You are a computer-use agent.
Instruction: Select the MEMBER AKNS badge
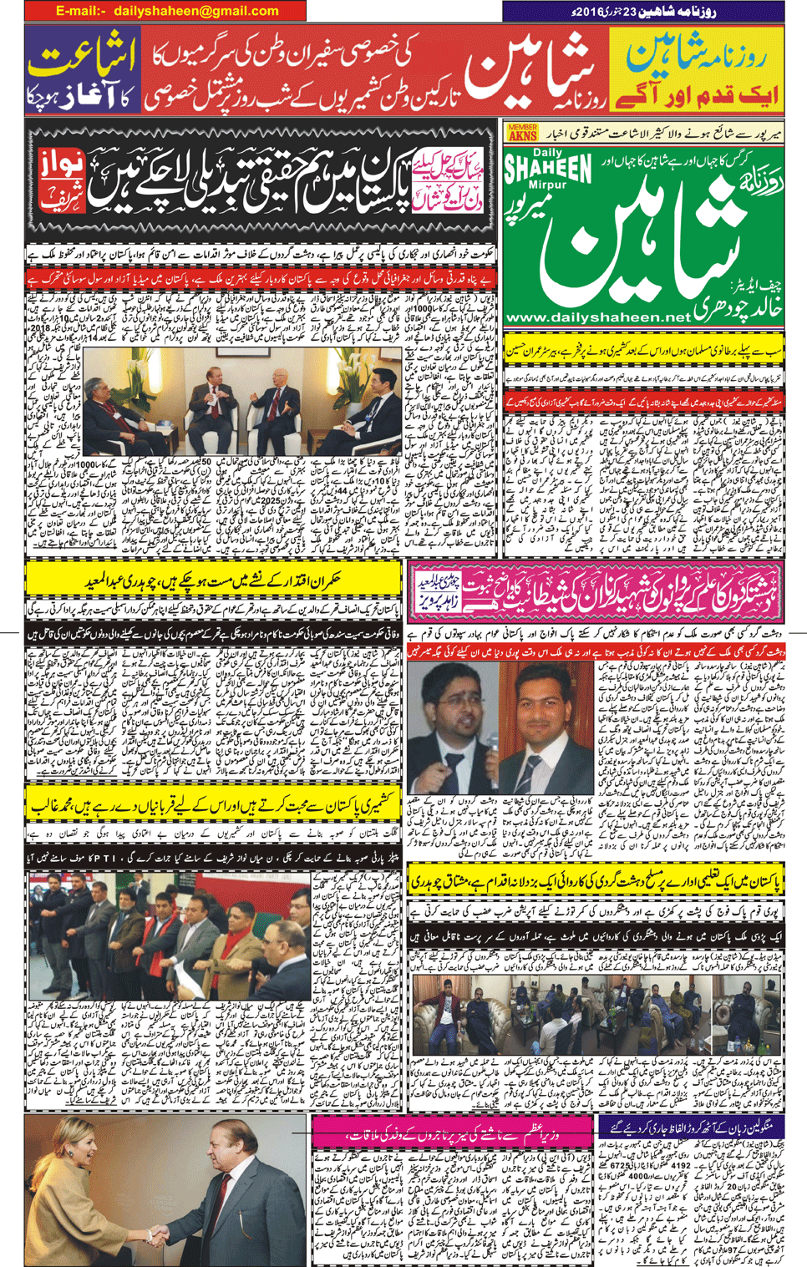point(522,132)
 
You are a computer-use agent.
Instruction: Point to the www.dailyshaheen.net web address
point(598,317)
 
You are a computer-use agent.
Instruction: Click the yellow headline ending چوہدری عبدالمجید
point(213,580)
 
